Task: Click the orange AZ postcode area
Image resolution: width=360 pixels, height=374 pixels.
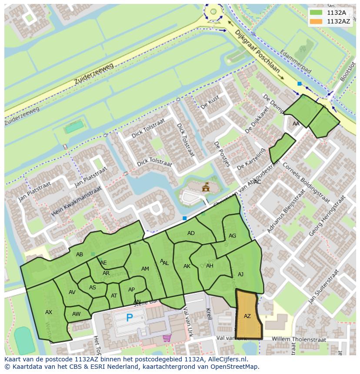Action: coord(247,315)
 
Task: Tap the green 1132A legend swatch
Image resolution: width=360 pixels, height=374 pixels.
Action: coord(316,13)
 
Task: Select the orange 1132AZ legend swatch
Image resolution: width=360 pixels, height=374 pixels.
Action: coord(316,21)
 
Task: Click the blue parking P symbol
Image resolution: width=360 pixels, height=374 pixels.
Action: coord(129,318)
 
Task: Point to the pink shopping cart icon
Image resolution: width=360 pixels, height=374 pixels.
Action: coord(167,338)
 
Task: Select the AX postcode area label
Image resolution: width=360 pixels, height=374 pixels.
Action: coord(49,312)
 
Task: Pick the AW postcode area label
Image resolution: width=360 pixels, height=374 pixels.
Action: coord(77,314)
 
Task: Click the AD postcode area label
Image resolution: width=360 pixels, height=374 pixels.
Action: coord(191,233)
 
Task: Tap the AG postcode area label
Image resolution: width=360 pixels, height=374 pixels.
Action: coord(232,236)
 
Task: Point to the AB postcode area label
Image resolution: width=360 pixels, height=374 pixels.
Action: coord(80,255)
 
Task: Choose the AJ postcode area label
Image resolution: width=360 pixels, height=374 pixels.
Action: coord(240,274)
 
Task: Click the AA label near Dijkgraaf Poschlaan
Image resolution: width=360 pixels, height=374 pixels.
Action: coord(296,124)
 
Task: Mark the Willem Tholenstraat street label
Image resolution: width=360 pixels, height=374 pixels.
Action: coord(298,338)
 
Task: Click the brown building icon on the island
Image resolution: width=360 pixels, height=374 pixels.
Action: coord(206,187)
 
